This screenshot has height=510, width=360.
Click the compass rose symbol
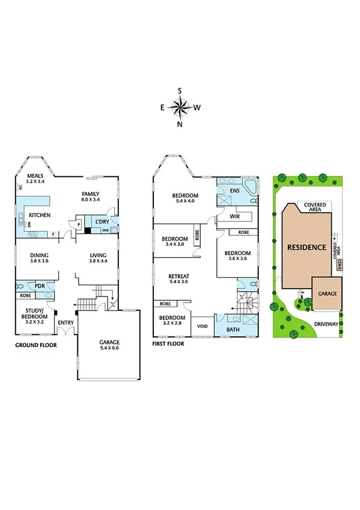coord(180,108)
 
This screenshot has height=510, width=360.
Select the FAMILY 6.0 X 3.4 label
coord(91,196)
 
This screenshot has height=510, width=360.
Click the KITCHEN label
coord(39,215)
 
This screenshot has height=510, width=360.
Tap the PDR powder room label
coord(40,286)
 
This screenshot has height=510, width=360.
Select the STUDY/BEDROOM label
coord(34,313)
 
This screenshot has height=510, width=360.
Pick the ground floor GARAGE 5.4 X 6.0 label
coord(109,345)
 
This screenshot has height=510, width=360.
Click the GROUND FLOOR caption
coord(36,345)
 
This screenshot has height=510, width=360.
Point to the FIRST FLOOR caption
coord(168,344)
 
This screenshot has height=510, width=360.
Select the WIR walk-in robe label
coord(235,215)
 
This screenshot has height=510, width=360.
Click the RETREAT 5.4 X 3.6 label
coord(179,278)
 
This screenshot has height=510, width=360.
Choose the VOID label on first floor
coord(202,327)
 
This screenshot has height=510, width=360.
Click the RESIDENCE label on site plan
coord(306,247)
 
